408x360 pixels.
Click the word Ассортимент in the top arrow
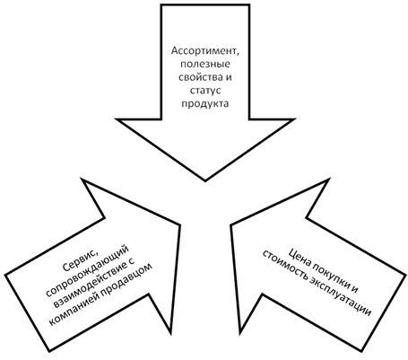click(204, 51)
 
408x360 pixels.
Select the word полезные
click(205, 64)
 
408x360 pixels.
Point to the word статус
click(205, 91)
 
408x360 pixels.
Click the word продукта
click(205, 103)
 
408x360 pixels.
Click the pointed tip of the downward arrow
click(205, 181)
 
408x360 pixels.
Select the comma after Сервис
click(97, 253)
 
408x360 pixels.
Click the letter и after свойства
click(229, 77)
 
